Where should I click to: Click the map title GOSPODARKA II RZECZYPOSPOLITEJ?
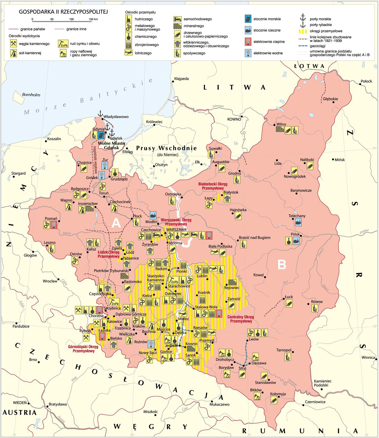(63, 12)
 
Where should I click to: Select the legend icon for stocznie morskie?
(248, 19)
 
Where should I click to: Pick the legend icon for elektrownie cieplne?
(248, 42)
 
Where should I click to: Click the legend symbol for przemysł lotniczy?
(129, 53)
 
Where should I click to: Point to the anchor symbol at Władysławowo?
(100, 113)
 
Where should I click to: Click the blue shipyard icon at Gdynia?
(101, 134)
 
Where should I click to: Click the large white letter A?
(116, 223)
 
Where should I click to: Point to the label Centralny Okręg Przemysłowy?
(240, 319)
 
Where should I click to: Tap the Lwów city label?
(254, 339)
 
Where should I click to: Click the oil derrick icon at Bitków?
(257, 396)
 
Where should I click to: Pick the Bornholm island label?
(31, 95)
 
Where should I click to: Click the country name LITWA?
(234, 87)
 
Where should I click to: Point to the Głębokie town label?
(330, 99)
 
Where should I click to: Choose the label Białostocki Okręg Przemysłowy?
(213, 186)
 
